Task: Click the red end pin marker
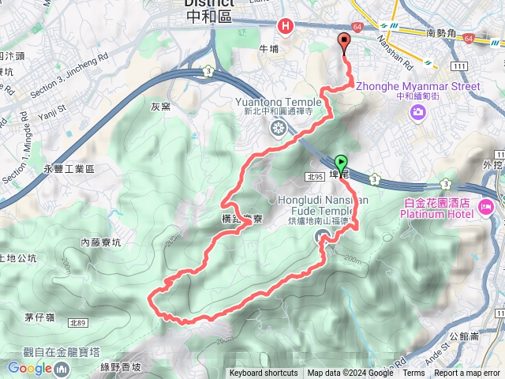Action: click(x=344, y=43)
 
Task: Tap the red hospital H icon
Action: click(x=285, y=26)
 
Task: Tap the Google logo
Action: click(x=29, y=368)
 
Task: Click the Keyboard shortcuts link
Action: click(x=264, y=373)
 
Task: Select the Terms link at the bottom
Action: click(x=413, y=373)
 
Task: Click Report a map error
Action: click(x=467, y=373)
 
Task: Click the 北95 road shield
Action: click(x=316, y=177)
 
